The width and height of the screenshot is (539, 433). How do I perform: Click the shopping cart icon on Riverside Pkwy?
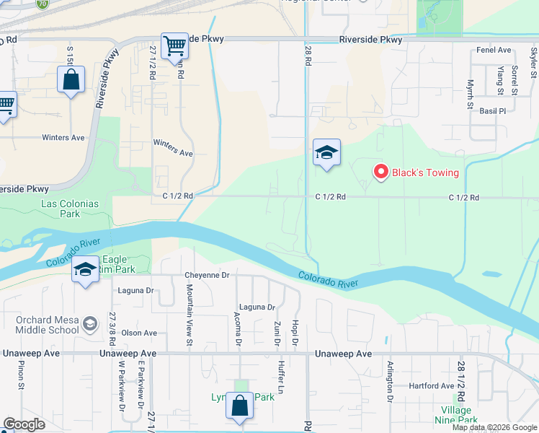click(x=174, y=47)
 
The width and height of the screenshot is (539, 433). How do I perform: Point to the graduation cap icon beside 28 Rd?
click(x=326, y=153)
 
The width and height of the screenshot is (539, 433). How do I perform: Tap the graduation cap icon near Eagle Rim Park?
click(x=86, y=271)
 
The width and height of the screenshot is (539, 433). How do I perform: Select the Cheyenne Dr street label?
click(x=207, y=275)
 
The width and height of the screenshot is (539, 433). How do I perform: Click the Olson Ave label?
click(x=139, y=333)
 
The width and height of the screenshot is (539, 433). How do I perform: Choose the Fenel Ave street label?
click(x=494, y=51)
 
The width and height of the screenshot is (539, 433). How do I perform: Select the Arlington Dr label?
click(x=390, y=381)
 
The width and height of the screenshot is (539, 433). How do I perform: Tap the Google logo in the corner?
click(x=24, y=424)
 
